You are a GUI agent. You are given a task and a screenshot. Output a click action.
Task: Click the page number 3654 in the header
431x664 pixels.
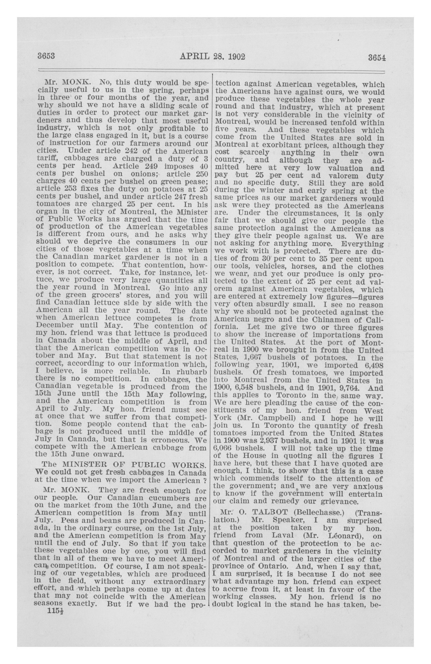[x=377, y=58]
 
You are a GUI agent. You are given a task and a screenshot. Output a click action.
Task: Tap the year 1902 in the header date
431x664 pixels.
[x=236, y=57]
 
